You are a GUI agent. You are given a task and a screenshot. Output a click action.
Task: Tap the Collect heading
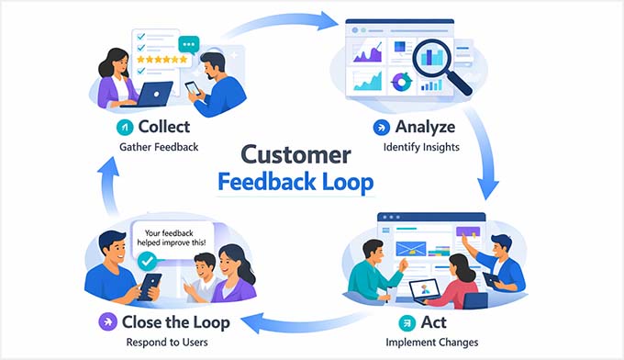point(163,127)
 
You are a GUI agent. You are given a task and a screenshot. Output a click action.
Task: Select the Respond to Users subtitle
point(165,343)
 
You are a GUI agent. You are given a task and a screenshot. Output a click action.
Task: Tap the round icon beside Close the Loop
point(108,322)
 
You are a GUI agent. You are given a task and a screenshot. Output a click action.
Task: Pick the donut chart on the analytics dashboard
point(400,82)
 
